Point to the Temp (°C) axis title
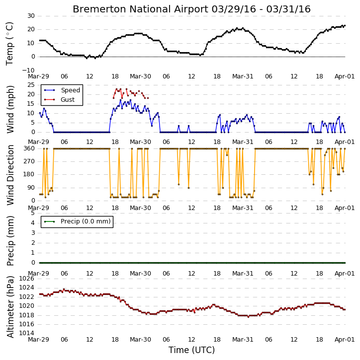click(9, 44)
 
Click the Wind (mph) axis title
click(10, 109)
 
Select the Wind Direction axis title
click(10, 175)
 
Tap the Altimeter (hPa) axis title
click(10, 307)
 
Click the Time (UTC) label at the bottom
click(191, 350)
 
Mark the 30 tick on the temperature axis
click(31, 16)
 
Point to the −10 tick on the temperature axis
click(28, 70)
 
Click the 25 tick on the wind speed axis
click(31, 85)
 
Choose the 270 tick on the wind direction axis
click(29, 161)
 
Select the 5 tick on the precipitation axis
click(33, 213)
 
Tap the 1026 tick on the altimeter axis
click(27, 279)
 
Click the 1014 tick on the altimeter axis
click(27, 333)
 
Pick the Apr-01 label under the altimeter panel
click(345, 340)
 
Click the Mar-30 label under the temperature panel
click(140, 76)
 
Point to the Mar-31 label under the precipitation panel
click(243, 274)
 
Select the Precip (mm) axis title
click(10, 241)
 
